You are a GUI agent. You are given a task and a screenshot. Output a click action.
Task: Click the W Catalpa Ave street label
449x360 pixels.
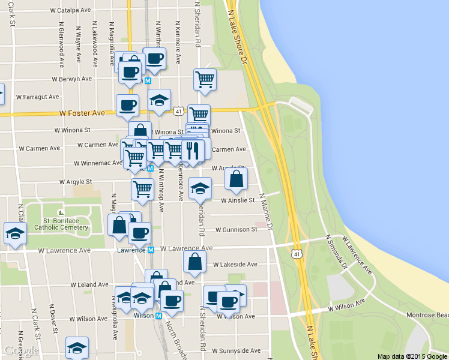70,11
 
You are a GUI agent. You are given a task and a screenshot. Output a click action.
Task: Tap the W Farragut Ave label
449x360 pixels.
37,97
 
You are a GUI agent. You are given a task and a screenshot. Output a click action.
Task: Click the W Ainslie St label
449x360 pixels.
238,200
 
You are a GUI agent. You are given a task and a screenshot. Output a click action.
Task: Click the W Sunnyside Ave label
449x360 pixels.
238,350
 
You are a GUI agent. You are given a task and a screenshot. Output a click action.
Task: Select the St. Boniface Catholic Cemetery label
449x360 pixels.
61,224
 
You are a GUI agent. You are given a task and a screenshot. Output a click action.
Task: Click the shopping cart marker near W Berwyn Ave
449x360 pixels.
205,79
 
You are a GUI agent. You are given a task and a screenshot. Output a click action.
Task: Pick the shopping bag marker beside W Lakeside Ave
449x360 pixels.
194,262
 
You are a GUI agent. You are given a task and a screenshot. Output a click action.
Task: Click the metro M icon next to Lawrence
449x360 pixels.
151,250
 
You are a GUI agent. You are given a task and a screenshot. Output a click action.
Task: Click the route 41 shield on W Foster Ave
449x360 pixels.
178,111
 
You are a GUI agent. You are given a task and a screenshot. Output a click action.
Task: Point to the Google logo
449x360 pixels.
21,351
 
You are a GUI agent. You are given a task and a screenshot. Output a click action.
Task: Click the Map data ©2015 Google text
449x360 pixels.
412,356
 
